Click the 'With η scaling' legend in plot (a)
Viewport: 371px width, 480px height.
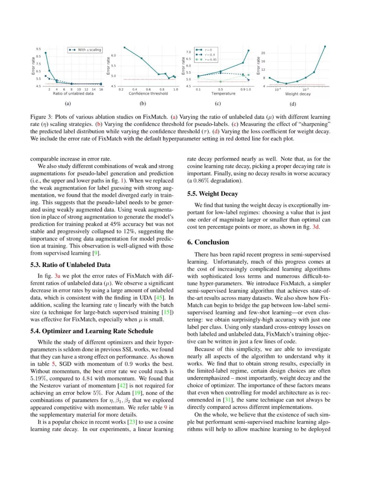(85, 50)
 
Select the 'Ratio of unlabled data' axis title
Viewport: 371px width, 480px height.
(73, 93)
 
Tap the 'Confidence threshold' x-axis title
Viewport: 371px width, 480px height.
(148, 93)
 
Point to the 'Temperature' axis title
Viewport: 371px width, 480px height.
(223, 93)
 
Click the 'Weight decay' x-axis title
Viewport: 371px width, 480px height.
(298, 94)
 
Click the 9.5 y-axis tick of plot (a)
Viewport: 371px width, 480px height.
(38, 49)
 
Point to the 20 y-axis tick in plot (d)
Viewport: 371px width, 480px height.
(263, 53)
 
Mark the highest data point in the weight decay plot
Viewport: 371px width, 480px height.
(325, 46)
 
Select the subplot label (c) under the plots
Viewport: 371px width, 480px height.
(218, 103)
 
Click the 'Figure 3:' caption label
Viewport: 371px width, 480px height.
(41, 117)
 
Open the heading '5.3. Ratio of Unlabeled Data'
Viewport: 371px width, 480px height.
(70, 265)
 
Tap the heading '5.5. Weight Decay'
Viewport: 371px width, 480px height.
(212, 194)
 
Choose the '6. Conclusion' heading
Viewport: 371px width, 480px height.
(208, 242)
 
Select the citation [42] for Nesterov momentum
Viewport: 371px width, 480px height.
(123, 386)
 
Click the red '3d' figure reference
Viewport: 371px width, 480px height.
(316, 227)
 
